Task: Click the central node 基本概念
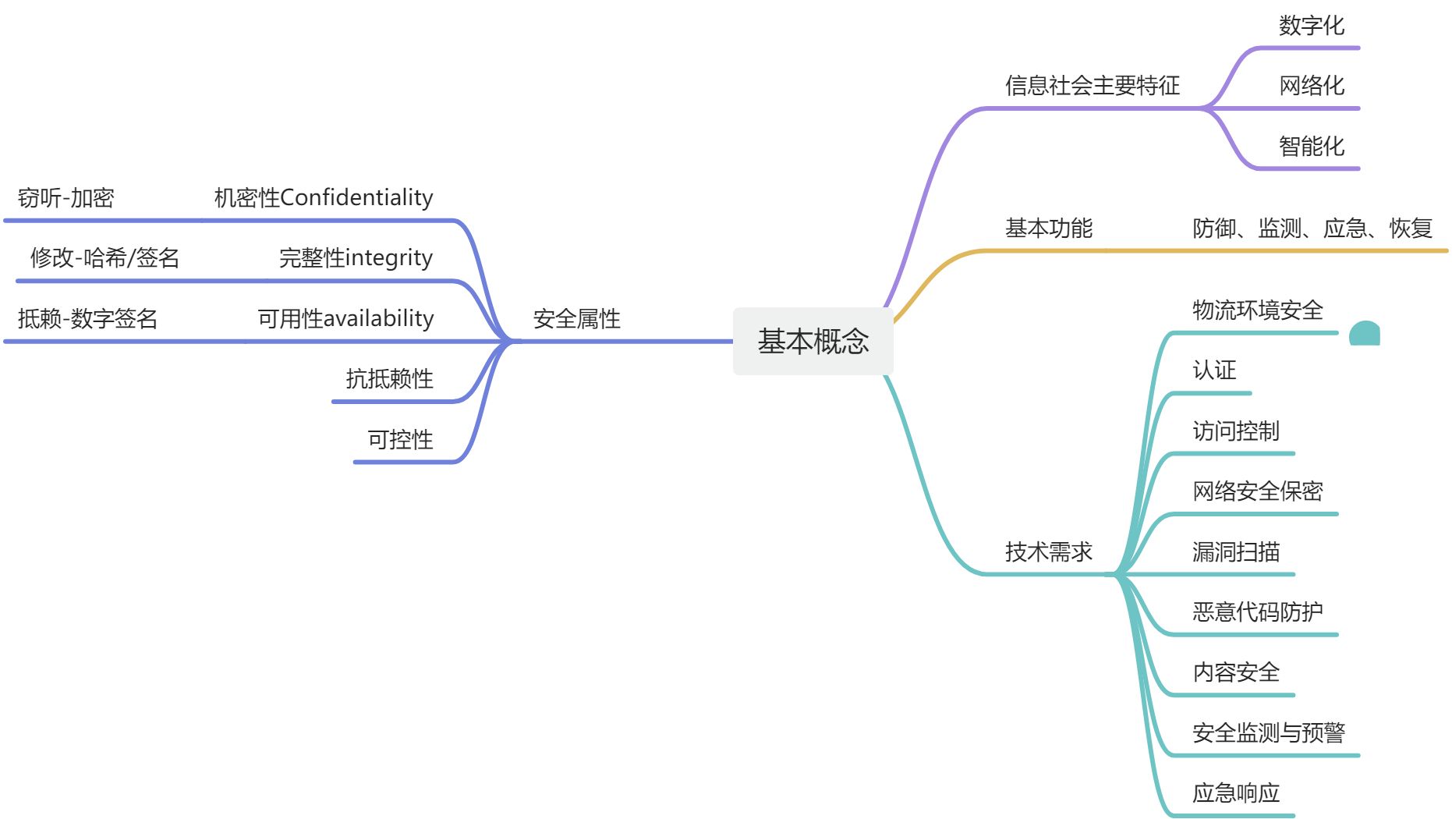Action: click(x=813, y=342)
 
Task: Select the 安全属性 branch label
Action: click(x=576, y=318)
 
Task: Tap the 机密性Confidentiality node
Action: click(x=324, y=198)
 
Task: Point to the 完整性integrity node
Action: click(x=356, y=258)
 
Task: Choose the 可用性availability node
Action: click(x=345, y=318)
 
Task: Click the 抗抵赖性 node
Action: click(x=389, y=379)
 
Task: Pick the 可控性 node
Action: click(x=400, y=440)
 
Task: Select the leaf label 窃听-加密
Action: click(x=66, y=198)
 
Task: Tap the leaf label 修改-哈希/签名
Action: click(x=104, y=258)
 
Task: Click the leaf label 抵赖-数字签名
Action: click(x=87, y=318)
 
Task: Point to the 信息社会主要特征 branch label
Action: click(x=1092, y=86)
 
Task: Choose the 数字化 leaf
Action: click(x=1312, y=26)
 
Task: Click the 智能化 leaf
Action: click(x=1312, y=147)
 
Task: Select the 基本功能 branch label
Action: click(x=1049, y=229)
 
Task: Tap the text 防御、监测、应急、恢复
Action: click(x=1312, y=229)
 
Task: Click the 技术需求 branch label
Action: click(x=1049, y=552)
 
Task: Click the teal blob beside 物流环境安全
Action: click(x=1365, y=334)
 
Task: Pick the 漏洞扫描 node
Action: click(x=1236, y=552)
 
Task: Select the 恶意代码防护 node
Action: click(x=1257, y=612)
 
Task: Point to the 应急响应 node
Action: click(x=1236, y=793)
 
